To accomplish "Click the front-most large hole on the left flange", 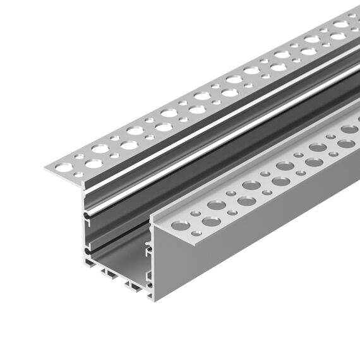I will [x=64, y=167].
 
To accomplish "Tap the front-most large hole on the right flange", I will [x=181, y=225].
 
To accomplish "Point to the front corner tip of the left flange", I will [x=46, y=167].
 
